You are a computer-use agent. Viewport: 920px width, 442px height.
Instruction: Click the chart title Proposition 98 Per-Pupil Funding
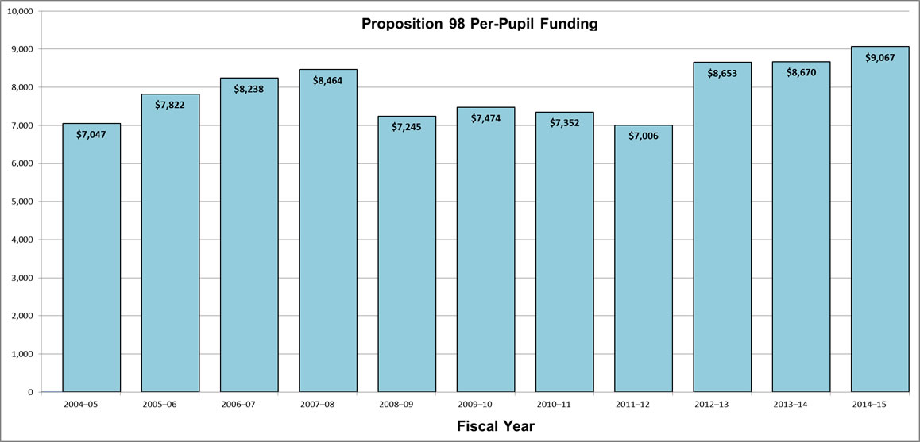[x=479, y=24]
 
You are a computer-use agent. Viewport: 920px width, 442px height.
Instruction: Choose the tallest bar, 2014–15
[x=879, y=230]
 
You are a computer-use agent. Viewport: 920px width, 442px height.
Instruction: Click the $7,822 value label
[x=170, y=105]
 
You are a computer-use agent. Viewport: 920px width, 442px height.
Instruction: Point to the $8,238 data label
[x=249, y=89]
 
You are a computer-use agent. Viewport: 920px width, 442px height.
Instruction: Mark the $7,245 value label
[x=407, y=127]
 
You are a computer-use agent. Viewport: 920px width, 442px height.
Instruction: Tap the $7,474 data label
[x=485, y=118]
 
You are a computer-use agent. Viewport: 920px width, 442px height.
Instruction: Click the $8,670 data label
[x=801, y=72]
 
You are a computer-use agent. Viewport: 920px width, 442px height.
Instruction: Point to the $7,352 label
[x=564, y=122]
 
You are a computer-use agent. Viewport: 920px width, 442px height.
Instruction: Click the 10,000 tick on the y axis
[x=20, y=11]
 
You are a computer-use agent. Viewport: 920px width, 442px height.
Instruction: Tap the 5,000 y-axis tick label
[x=22, y=202]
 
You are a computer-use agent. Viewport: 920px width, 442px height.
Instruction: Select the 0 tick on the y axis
[x=30, y=392]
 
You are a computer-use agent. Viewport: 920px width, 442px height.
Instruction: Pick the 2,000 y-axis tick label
[x=22, y=316]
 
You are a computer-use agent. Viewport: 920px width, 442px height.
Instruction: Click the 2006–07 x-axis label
[x=249, y=404]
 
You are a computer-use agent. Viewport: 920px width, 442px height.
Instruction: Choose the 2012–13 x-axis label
[x=722, y=404]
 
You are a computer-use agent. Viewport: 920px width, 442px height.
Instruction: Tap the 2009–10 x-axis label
[x=485, y=404]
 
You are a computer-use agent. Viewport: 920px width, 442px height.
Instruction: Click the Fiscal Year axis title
[x=496, y=426]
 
